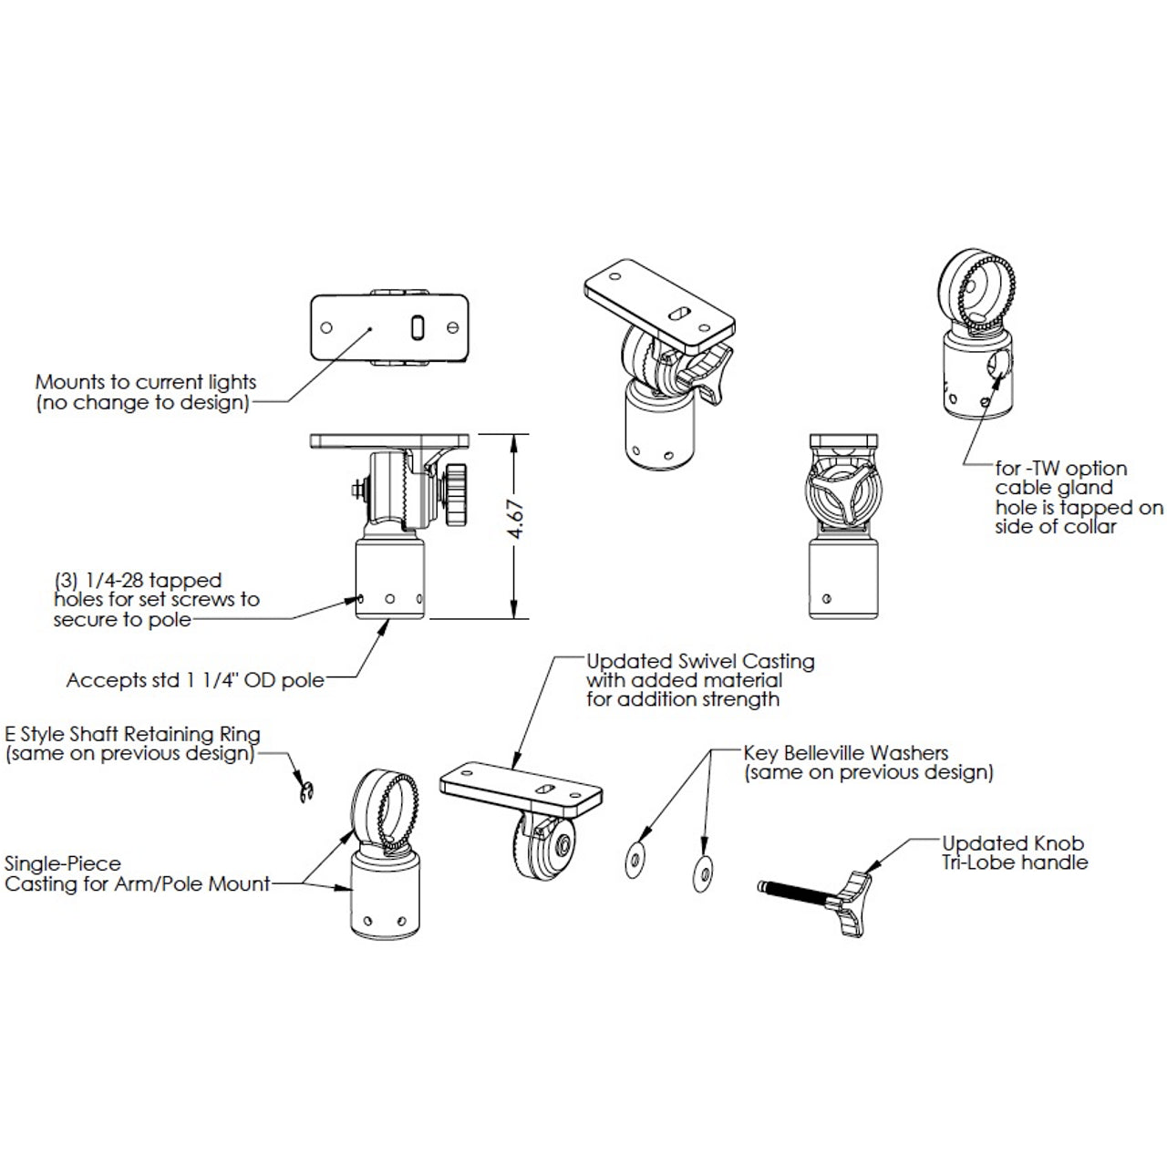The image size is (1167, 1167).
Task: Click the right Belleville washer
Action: [x=703, y=872]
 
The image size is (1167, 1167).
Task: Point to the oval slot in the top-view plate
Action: [x=416, y=327]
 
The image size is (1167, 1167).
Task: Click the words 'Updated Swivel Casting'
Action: [x=699, y=661]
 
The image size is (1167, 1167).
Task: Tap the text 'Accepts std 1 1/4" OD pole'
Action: [x=195, y=680]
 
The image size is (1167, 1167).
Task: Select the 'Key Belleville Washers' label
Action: [x=845, y=753]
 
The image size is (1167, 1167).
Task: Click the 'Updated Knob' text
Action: [x=1013, y=843]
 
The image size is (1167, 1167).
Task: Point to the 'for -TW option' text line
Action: [x=1061, y=469]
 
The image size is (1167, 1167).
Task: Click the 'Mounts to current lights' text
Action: [x=146, y=382]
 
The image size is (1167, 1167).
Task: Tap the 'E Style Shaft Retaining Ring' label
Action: [x=133, y=734]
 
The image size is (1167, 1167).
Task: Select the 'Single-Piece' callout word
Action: [x=63, y=863]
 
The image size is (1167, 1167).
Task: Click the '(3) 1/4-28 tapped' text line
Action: [x=138, y=580]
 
